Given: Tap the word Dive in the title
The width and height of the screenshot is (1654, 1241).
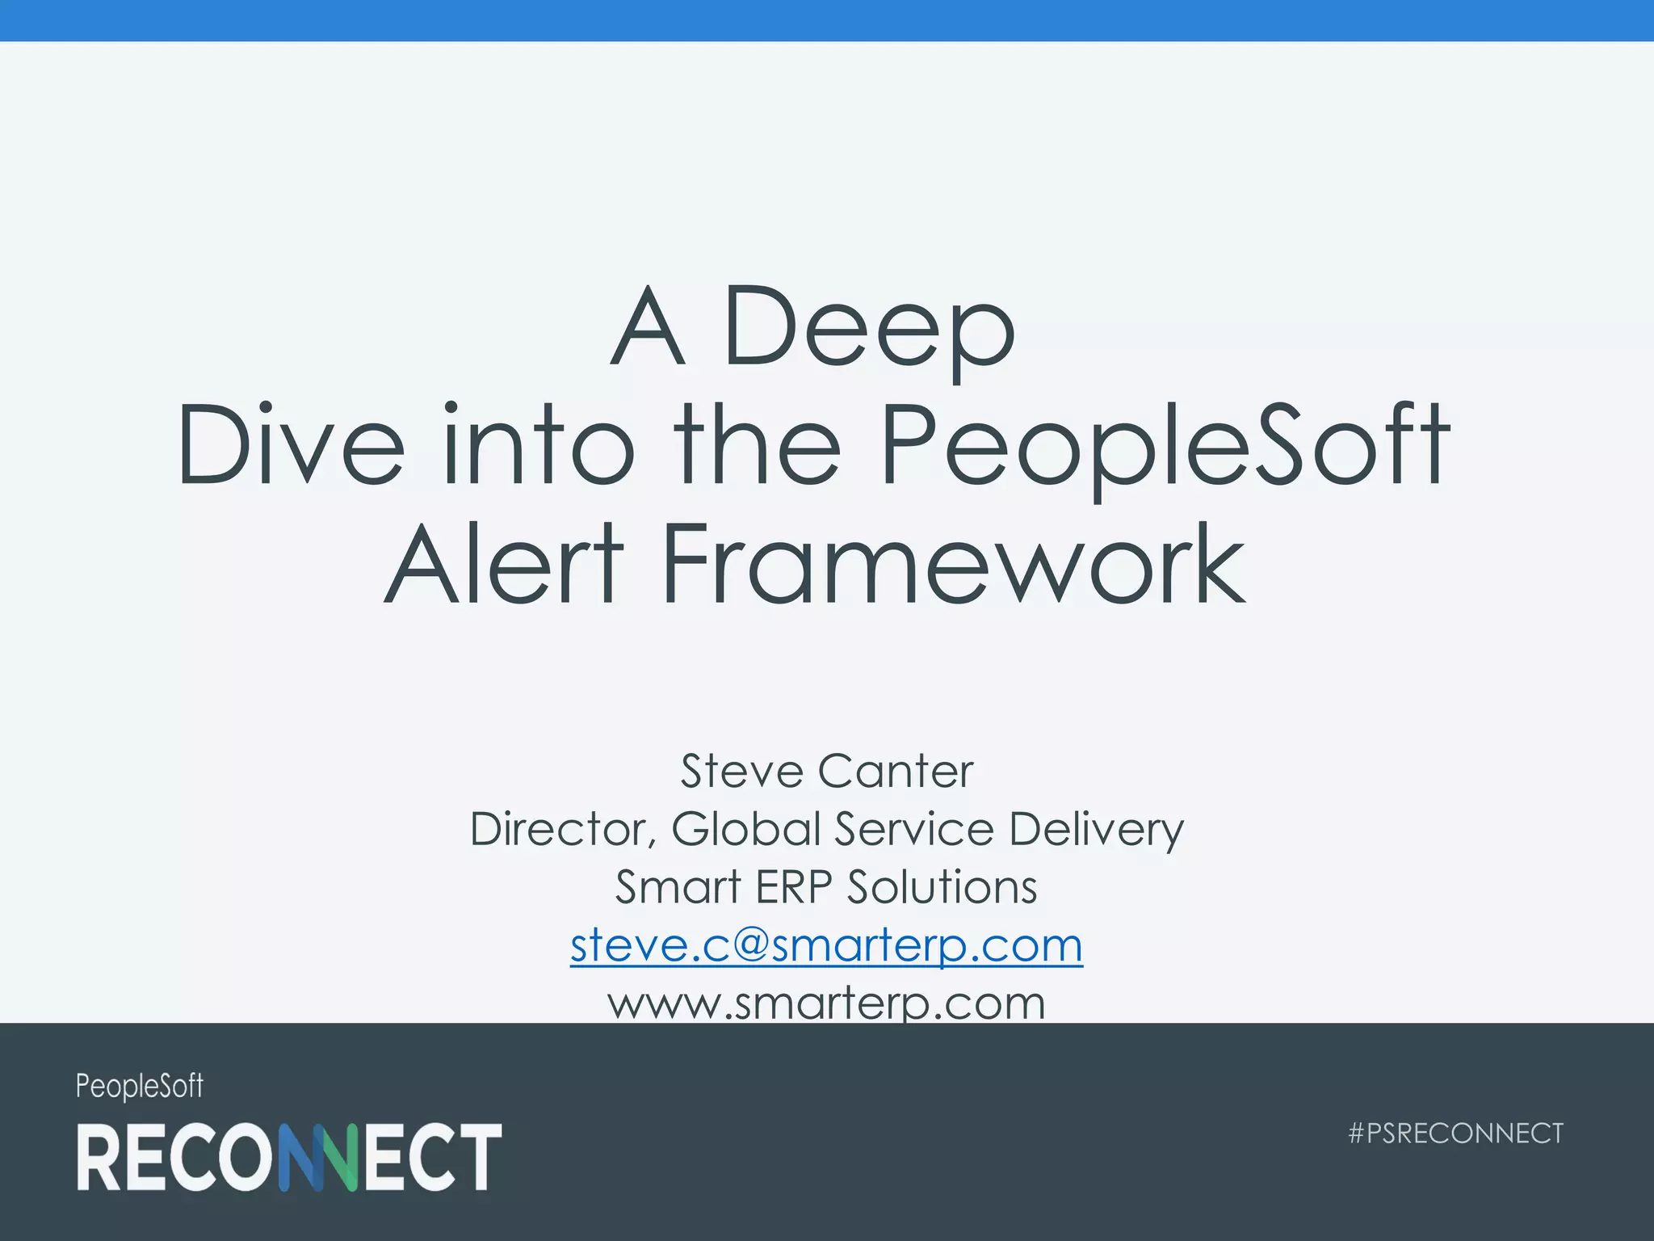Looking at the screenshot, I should [291, 446].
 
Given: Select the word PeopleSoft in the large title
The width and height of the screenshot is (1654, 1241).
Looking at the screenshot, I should [1165, 446].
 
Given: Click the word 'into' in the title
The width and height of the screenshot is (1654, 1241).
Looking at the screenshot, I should [539, 446].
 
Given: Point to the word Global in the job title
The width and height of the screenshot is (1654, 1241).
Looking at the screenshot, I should [746, 829].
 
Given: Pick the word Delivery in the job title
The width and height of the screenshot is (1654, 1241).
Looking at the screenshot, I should [1096, 829].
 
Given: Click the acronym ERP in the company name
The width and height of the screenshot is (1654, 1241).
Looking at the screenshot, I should [793, 887].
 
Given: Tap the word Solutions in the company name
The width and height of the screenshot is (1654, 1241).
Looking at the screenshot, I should [942, 887].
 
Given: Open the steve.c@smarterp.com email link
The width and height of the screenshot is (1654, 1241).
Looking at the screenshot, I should [826, 944].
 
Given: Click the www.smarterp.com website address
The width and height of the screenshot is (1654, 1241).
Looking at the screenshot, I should [826, 1003].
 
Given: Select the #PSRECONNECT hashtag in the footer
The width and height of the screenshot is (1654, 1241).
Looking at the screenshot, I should [1456, 1133].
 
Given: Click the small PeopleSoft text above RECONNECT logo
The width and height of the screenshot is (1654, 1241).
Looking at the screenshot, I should [140, 1086].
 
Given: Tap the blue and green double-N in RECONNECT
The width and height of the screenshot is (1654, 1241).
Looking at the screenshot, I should [317, 1156].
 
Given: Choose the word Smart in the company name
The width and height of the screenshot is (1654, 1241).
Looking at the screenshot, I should [678, 887].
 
